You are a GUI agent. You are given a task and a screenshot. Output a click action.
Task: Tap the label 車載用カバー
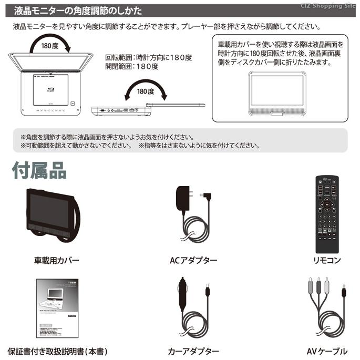pos(57,260)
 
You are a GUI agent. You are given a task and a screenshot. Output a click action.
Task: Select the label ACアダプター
pos(193,260)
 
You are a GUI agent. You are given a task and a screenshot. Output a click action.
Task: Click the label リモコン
pos(326,260)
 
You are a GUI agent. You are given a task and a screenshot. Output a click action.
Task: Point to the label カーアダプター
pos(193,351)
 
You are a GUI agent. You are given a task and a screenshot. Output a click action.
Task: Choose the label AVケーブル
pos(326,351)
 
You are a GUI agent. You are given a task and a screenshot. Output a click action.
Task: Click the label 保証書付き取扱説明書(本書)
pos(57,351)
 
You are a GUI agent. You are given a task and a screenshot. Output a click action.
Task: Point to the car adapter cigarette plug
pos(184,297)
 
